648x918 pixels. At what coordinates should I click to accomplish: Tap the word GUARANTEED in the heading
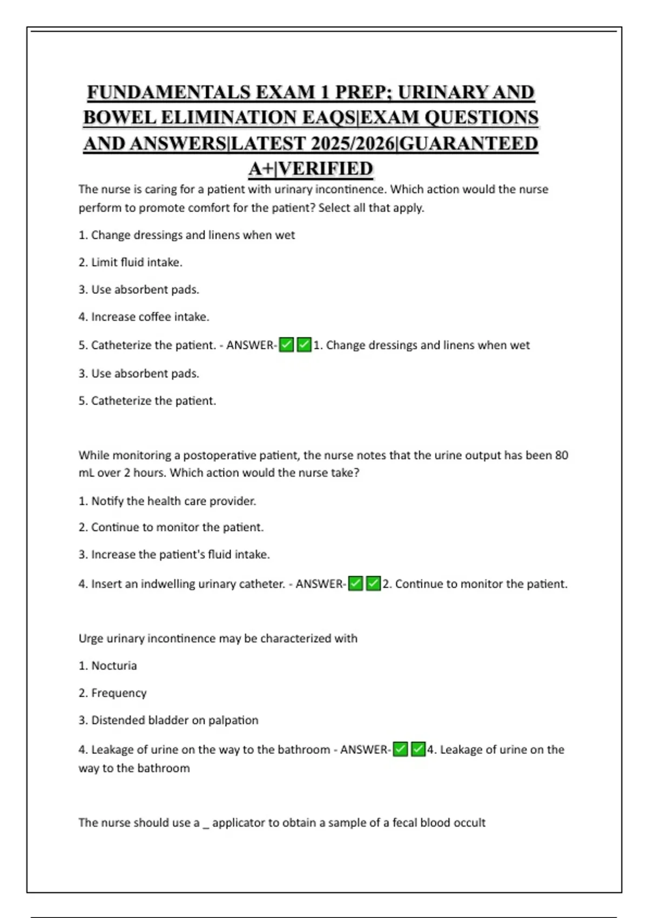(469, 144)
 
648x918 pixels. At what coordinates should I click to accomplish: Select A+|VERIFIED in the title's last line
(310, 169)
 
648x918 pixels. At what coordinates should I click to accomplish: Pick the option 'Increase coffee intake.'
(144, 317)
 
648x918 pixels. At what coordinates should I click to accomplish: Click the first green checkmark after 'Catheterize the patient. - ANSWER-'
(286, 345)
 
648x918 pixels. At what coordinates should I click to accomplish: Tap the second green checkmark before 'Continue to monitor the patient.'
(373, 583)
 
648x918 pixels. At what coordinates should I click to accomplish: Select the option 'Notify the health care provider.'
(167, 501)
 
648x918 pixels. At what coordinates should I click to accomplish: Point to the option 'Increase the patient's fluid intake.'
(174, 555)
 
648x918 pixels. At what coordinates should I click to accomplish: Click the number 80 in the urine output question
(562, 455)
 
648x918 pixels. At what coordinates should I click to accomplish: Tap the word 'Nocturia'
(114, 666)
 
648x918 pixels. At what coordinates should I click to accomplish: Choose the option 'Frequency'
(119, 693)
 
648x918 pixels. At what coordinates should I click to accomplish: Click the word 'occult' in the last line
(470, 822)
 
